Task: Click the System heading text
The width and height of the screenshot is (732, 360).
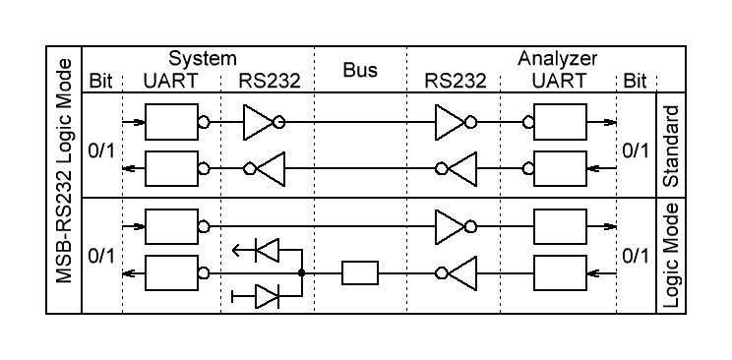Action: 202,59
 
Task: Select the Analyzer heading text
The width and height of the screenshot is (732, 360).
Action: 557,59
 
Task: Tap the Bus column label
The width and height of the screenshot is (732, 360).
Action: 360,71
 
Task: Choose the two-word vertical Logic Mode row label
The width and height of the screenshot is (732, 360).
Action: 672,256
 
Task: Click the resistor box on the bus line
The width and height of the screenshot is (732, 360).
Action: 360,272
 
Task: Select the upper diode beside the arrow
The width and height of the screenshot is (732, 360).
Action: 267,250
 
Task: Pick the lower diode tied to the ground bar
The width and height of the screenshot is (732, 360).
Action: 267,294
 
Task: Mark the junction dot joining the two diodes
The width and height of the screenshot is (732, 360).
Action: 300,272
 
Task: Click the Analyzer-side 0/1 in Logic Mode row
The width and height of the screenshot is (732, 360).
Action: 635,256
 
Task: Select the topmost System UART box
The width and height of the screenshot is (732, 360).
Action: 171,123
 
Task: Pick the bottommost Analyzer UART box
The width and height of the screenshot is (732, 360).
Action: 557,272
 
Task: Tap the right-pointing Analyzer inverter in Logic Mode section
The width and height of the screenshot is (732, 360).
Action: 452,226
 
